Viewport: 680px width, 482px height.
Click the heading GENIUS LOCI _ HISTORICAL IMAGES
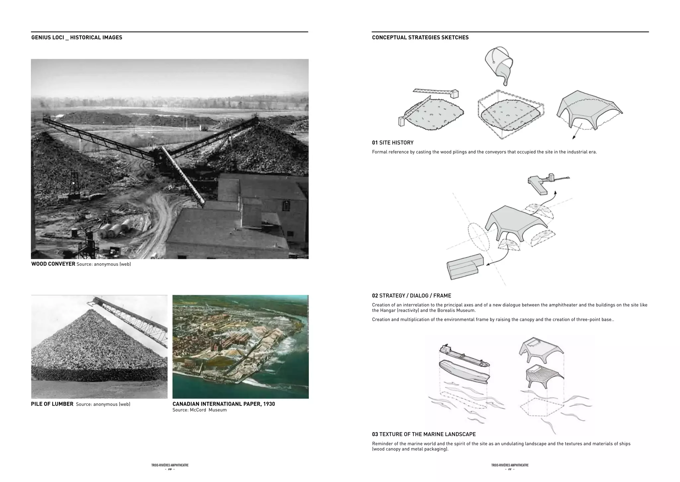77,38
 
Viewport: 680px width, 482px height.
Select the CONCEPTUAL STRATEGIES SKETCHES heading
420,38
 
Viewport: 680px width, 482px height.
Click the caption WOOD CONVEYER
53,264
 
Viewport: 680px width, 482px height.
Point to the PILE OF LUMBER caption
52,404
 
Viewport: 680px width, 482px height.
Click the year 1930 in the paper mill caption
269,404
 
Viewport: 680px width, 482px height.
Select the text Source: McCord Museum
200,410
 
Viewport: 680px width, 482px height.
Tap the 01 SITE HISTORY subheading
392,143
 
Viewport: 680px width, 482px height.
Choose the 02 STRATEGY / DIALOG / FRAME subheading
411,296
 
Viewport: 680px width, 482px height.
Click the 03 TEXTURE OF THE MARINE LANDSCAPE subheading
424,434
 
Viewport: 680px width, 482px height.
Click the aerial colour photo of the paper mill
240,346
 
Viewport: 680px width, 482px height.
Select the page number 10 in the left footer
170,469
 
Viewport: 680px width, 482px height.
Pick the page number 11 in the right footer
510,469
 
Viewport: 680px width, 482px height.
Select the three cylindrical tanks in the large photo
115,228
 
